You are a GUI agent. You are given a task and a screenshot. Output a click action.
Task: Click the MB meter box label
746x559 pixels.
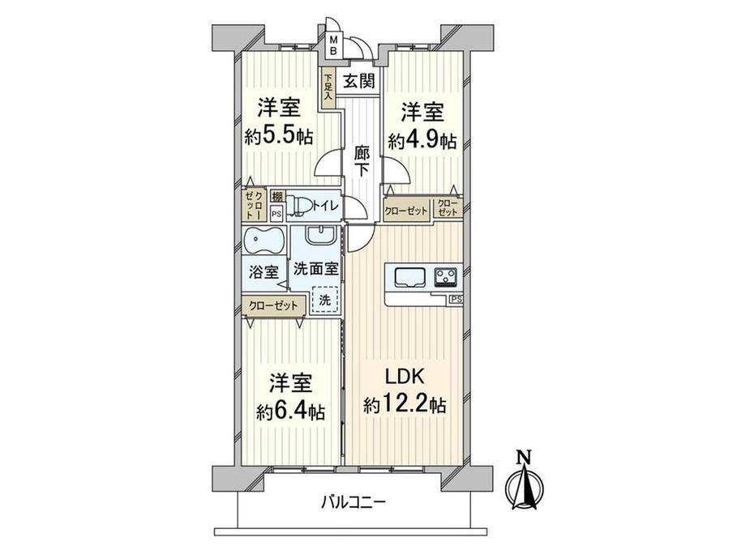(334, 45)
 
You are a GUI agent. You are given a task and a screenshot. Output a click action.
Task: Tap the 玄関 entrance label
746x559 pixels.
(359, 81)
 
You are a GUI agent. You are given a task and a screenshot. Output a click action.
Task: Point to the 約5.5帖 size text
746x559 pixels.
(279, 138)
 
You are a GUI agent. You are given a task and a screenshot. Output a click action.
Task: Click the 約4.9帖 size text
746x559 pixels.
(422, 141)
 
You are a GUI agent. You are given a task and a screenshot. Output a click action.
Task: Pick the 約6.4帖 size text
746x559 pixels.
(290, 412)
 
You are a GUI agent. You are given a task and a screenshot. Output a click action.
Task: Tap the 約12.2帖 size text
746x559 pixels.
(405, 405)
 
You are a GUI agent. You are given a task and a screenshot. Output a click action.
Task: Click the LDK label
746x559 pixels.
(405, 377)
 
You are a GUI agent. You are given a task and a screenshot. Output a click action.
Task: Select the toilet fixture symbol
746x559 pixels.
(300, 205)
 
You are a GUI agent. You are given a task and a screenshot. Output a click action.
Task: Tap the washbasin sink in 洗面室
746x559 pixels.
(320, 234)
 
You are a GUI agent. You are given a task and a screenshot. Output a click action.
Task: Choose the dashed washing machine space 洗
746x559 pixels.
(324, 300)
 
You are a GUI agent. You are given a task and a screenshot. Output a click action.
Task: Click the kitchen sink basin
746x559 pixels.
(410, 277)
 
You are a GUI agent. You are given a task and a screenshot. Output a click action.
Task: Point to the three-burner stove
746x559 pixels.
(446, 277)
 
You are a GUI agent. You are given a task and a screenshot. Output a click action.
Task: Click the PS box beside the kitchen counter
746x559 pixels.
(456, 300)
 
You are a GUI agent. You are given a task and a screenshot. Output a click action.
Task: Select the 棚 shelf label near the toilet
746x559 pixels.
(277, 196)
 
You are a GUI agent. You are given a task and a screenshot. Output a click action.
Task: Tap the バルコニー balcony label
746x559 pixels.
(353, 501)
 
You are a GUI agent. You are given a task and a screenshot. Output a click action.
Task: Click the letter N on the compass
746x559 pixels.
(525, 456)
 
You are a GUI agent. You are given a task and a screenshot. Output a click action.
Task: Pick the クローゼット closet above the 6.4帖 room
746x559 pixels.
(272, 305)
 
